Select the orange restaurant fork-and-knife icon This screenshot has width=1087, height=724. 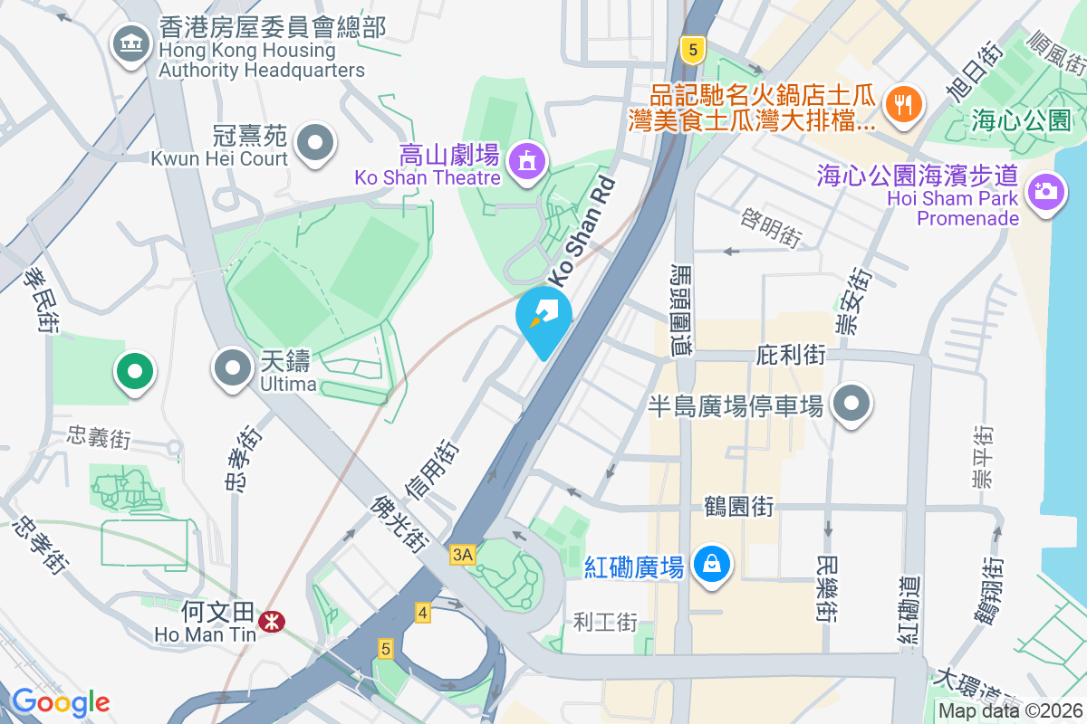[x=902, y=103]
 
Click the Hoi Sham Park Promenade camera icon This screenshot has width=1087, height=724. [x=1044, y=191]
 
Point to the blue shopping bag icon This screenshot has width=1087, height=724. [x=713, y=565]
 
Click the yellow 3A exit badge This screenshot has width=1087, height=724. [x=462, y=555]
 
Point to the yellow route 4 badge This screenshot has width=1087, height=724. [x=422, y=613]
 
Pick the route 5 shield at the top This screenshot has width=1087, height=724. [x=693, y=50]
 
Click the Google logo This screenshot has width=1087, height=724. [x=61, y=701]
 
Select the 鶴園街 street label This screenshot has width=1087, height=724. [x=738, y=507]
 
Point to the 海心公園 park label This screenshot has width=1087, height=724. [x=1020, y=119]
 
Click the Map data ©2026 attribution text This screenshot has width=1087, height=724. [x=1010, y=711]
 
